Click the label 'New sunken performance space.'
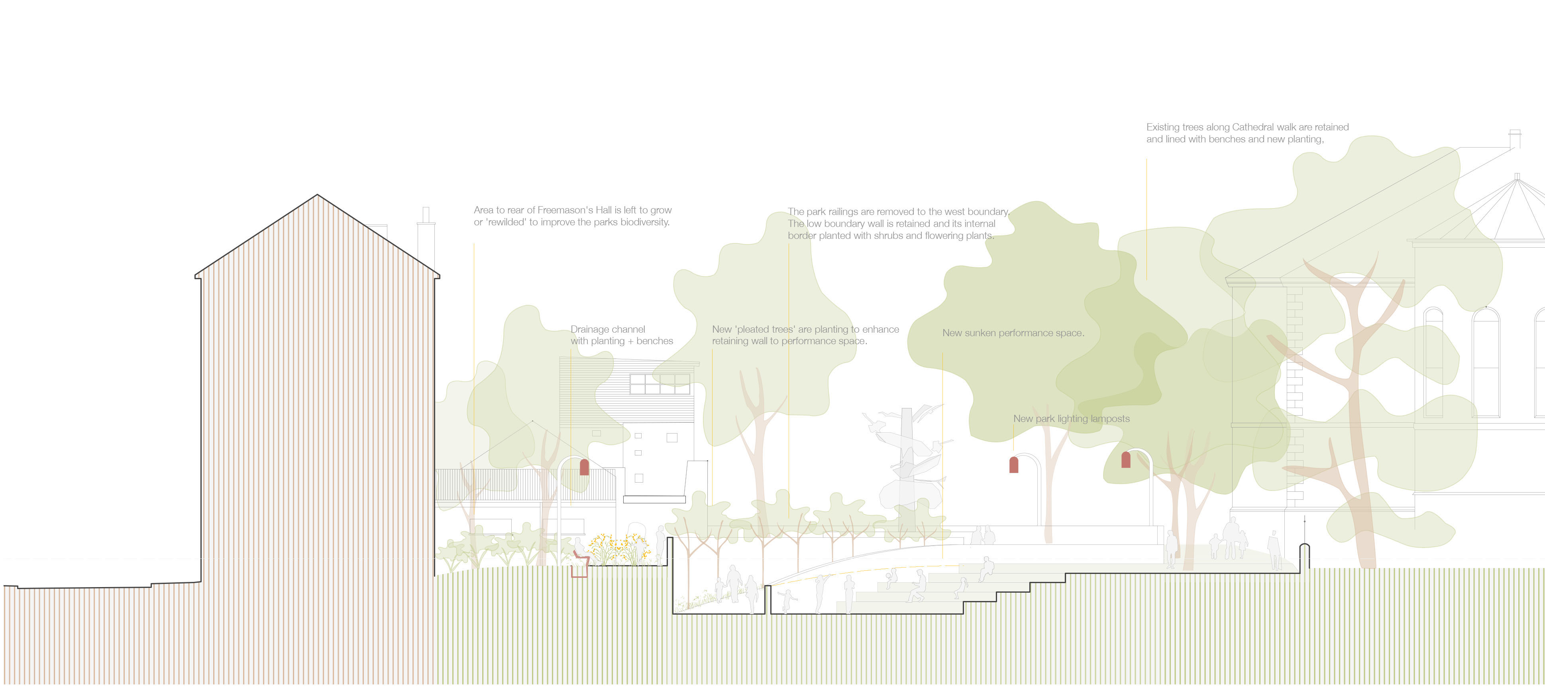click(1013, 333)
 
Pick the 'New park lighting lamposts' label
click(1071, 419)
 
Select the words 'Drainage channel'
click(608, 329)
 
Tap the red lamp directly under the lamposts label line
click(1014, 465)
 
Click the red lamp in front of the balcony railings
click(584, 467)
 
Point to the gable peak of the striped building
click(317, 196)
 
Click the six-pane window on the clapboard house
click(660, 384)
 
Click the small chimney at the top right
click(1514, 138)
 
